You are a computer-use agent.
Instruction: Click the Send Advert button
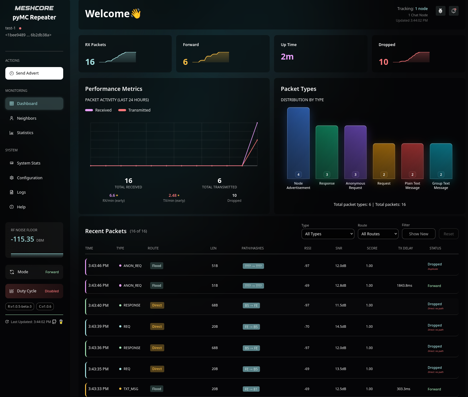click(x=34, y=73)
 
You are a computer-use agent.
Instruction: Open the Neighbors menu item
click(x=27, y=118)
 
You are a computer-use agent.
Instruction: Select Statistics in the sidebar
click(x=25, y=133)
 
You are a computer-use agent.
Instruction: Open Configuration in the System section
click(x=29, y=178)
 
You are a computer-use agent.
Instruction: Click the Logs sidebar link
click(x=21, y=192)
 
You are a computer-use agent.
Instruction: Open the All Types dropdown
click(x=328, y=234)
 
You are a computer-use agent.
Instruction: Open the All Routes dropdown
click(x=378, y=234)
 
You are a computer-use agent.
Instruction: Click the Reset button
click(x=448, y=234)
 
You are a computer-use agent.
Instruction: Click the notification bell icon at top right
click(x=453, y=11)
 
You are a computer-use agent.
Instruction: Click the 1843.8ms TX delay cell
click(x=404, y=286)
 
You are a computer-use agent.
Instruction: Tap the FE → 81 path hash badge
click(x=251, y=389)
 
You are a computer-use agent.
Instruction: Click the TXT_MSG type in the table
click(x=131, y=389)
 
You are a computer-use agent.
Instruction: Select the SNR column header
click(x=338, y=248)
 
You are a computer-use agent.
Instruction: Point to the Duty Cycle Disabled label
click(x=52, y=291)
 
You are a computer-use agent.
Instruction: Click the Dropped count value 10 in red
click(x=383, y=62)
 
